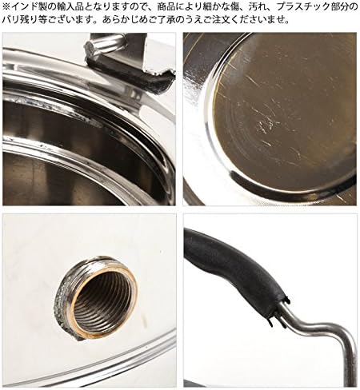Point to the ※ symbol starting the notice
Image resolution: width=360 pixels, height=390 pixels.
pos(6,6)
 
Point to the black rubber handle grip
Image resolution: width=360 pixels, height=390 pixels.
pos(234,269)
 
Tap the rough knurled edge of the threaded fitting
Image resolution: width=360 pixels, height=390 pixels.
pos(62,304)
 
